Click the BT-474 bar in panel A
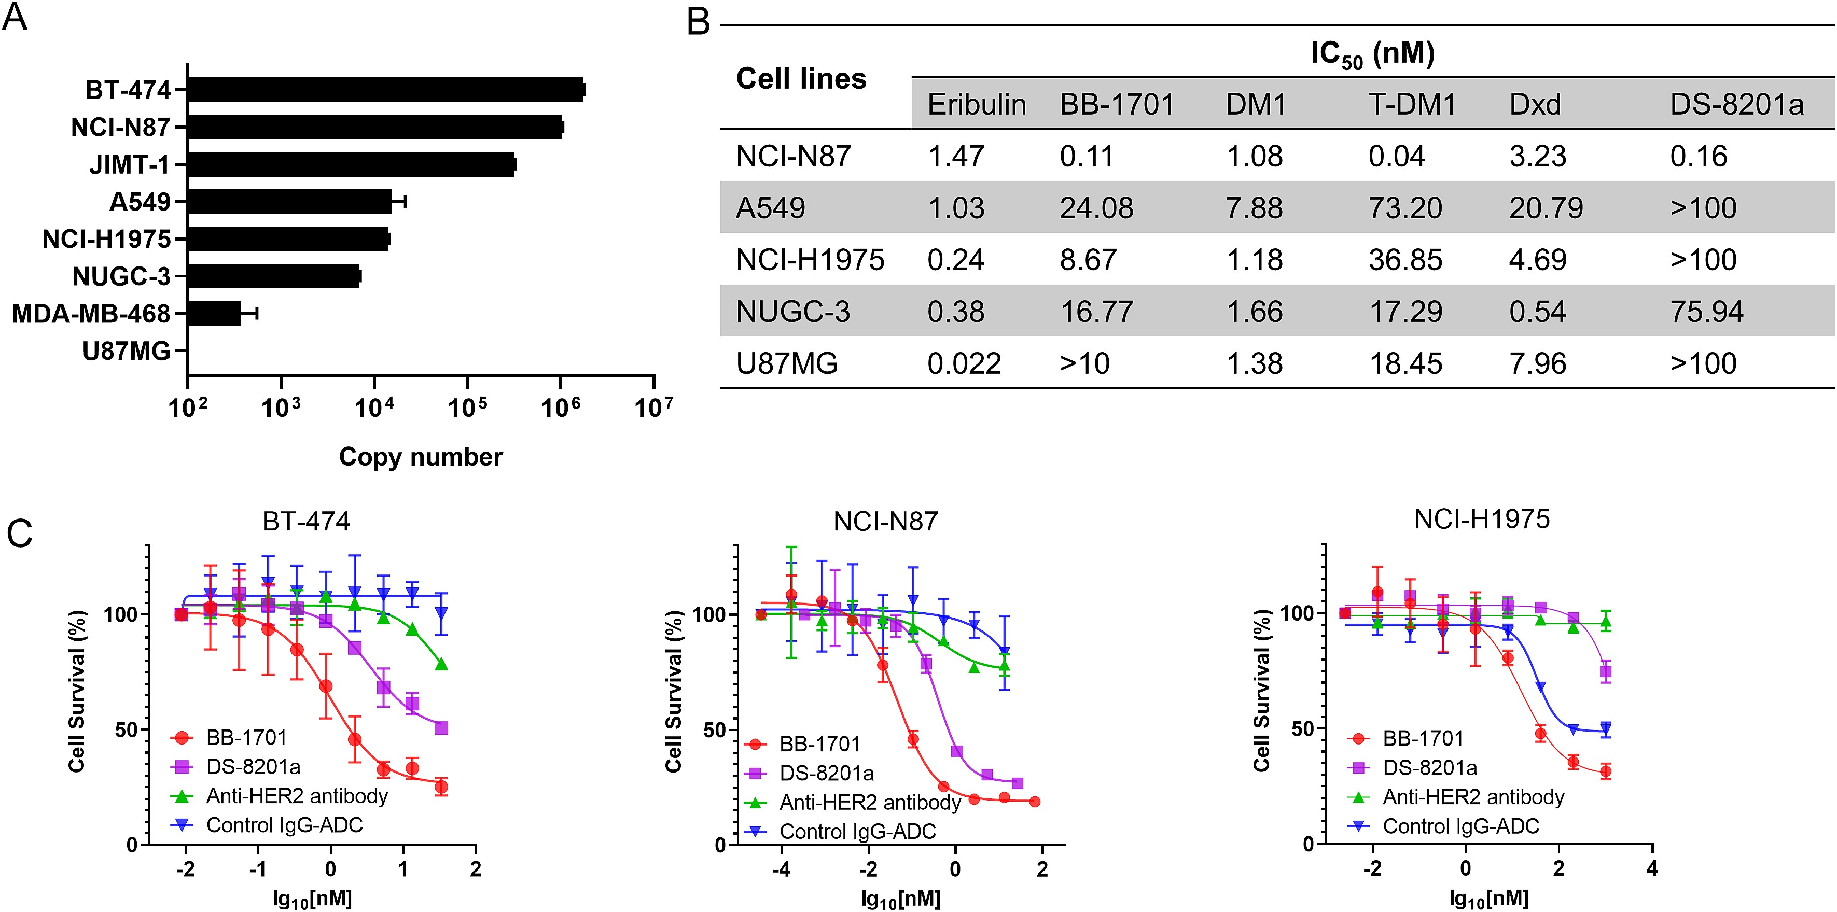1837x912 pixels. [385, 90]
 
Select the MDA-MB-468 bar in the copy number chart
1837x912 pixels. [214, 313]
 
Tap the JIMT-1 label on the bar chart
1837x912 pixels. [129, 165]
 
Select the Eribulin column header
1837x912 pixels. [976, 105]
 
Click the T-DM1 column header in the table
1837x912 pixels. [1411, 105]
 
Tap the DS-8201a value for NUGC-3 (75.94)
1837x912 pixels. [1706, 312]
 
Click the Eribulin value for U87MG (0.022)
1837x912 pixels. [964, 363]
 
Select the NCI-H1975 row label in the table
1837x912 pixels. [810, 260]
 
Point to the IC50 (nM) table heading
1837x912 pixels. [1372, 54]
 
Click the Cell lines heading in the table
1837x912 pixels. [801, 78]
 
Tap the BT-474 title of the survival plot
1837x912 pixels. [306, 521]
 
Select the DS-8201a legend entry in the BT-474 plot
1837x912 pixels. [253, 766]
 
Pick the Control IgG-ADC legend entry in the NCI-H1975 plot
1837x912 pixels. [1460, 826]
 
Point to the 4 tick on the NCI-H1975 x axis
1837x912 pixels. [1651, 868]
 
